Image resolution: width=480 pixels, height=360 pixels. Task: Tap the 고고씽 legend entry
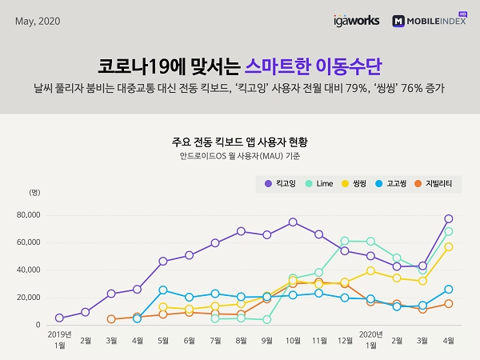(397, 184)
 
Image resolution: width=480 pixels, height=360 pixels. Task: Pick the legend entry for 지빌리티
(435, 184)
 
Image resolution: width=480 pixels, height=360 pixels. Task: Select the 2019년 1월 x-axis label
(58, 339)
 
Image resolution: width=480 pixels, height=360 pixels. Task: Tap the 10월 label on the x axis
(293, 339)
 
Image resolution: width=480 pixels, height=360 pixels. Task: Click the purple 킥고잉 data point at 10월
(293, 222)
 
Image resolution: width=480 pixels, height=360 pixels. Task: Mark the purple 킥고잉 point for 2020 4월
(449, 218)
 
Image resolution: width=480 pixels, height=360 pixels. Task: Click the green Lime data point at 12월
(345, 241)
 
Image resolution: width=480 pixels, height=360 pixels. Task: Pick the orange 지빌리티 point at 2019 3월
(110, 319)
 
